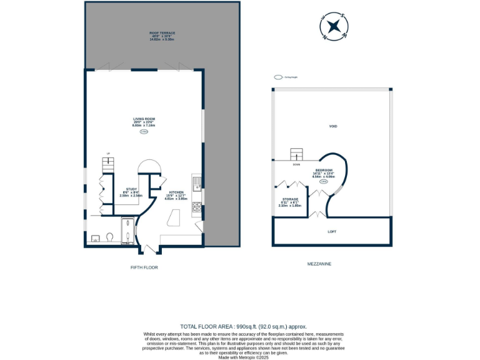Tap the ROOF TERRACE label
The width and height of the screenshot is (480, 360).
(162, 34)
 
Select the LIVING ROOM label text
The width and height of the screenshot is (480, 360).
(144, 121)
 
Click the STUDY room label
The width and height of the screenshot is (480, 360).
(131, 191)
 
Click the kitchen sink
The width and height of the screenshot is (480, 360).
(197, 182)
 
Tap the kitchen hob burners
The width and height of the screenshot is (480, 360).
(197, 206)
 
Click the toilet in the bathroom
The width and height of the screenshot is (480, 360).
(109, 237)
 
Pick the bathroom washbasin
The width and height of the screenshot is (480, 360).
(95, 237)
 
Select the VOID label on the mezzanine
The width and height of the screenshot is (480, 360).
(333, 126)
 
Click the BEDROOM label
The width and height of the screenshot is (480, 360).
(324, 173)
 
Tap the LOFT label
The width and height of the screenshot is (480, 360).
(332, 232)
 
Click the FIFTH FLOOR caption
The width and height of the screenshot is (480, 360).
(144, 267)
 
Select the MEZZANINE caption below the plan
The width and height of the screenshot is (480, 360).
(320, 264)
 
